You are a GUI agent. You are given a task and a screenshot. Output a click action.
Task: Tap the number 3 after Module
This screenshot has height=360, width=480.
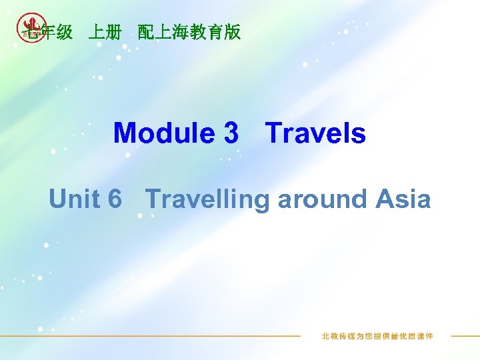[231, 133]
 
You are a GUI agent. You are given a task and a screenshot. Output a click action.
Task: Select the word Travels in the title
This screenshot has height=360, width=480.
[316, 133]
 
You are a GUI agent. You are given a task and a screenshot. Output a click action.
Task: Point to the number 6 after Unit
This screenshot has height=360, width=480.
[114, 199]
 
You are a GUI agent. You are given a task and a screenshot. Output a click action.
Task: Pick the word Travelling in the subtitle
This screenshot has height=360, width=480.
[207, 199]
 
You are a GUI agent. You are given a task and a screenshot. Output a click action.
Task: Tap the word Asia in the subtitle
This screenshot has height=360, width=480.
[403, 199]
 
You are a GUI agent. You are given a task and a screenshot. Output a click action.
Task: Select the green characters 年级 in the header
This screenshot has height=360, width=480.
[56, 32]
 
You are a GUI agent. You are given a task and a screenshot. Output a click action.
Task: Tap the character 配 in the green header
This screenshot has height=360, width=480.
[146, 32]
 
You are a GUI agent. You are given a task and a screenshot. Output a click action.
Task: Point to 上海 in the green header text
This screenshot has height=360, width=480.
[172, 32]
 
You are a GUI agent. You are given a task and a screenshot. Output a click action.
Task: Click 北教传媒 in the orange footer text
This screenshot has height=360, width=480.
[337, 336]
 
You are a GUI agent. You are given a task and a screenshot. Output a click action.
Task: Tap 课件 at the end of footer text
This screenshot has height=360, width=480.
[424, 336]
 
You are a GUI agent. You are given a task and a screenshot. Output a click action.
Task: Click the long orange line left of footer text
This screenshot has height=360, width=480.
[153, 336]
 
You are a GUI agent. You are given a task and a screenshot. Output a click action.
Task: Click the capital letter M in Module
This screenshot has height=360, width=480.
[123, 133]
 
